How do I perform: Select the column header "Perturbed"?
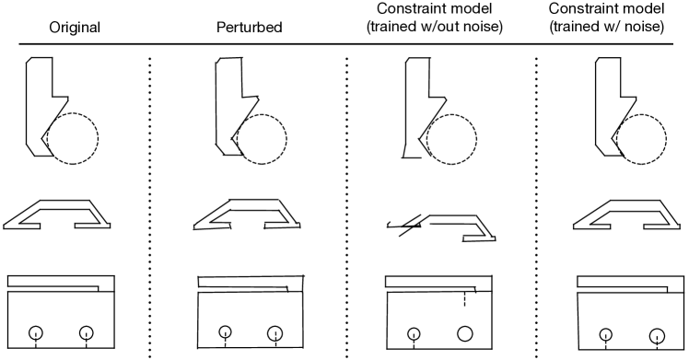coord(246,28)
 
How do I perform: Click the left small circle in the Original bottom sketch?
coord(35,332)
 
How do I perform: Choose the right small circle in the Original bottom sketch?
coord(87,332)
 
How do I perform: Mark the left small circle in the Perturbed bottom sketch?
coord(225,332)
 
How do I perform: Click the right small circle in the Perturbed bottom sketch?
coord(274,333)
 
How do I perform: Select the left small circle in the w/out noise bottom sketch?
coord(415,333)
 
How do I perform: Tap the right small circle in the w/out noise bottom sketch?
coord(464,332)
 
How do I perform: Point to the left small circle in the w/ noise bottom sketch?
coord(605,334)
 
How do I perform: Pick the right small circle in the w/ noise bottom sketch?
coord(656,335)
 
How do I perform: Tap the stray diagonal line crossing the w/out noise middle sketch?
coord(405,226)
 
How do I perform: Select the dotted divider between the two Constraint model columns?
coord(537,203)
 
